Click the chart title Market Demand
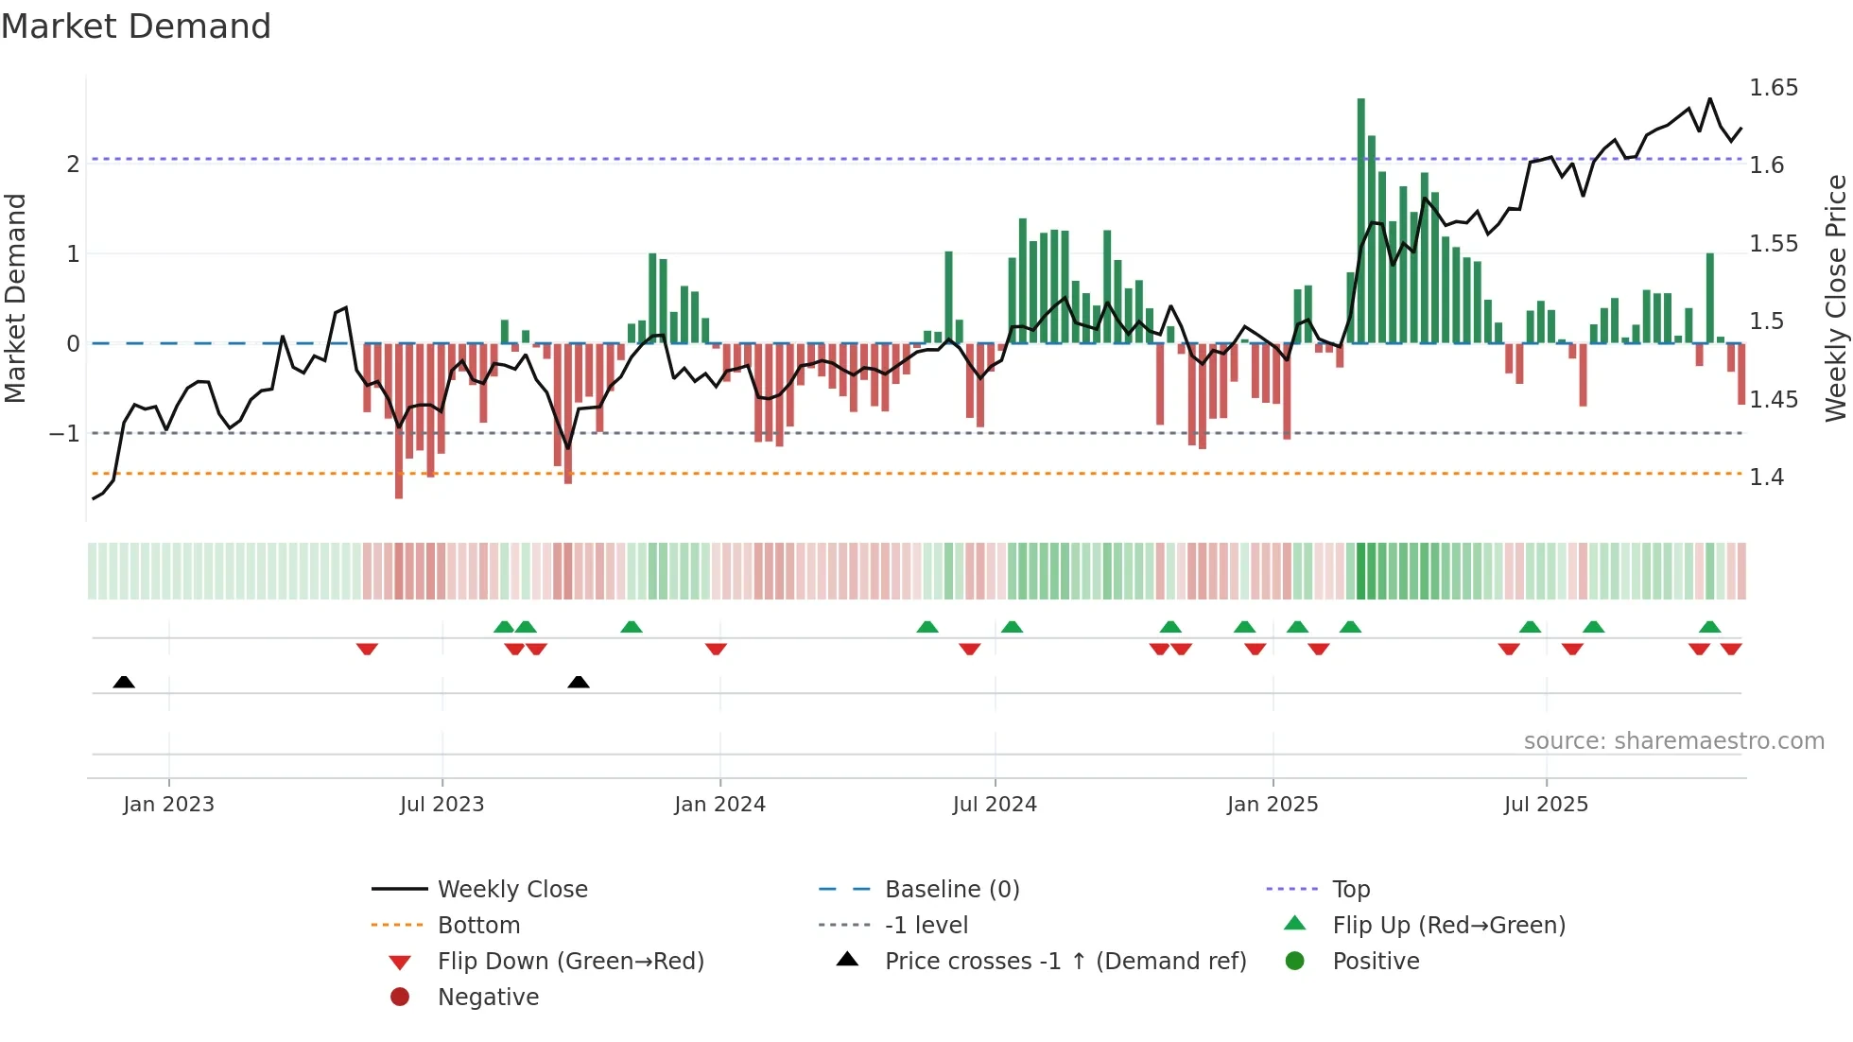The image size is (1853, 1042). (x=136, y=26)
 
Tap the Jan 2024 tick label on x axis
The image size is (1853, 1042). (x=719, y=805)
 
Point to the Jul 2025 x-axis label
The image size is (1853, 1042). (x=1546, y=805)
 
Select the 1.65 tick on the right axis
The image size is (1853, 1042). (x=1773, y=88)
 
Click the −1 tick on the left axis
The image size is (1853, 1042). (x=64, y=434)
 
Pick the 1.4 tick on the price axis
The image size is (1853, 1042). (x=1766, y=478)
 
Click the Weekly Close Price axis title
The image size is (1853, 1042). (x=1835, y=298)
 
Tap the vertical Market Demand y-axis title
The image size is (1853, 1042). (x=16, y=298)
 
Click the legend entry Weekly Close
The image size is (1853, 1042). (x=512, y=890)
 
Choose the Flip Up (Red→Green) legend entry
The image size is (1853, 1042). (x=1448, y=926)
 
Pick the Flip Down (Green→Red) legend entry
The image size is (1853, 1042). (x=570, y=962)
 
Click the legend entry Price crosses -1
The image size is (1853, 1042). (x=1065, y=962)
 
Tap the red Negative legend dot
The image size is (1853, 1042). (x=400, y=998)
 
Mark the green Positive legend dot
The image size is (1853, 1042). (x=1295, y=962)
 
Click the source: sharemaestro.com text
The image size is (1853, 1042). (x=1673, y=741)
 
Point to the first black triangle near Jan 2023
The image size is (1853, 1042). (x=124, y=682)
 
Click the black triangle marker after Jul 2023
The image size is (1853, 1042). (x=579, y=682)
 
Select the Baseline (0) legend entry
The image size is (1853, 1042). (x=951, y=890)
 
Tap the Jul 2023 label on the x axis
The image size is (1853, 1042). (x=442, y=805)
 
